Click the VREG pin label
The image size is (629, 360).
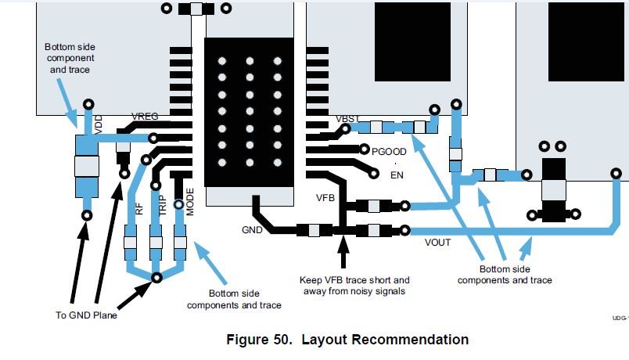pos(145,117)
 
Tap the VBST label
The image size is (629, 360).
pos(347,119)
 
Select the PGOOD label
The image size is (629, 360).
pos(389,152)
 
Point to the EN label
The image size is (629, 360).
pos(397,175)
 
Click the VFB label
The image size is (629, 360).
pos(325,198)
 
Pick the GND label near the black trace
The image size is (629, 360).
pos(252,230)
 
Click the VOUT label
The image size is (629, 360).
pos(437,243)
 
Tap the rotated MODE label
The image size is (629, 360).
pos(190,202)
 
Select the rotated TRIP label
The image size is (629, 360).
pos(163,206)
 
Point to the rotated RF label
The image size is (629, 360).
pos(138,209)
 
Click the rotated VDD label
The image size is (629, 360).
pos(99,124)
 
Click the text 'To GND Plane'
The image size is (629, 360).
pos(86,315)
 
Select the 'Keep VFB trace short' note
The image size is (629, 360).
pos(354,286)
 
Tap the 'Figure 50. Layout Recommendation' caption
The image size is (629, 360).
pos(347,340)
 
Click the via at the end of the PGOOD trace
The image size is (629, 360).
pos(365,149)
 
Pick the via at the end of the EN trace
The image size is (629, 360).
pos(373,174)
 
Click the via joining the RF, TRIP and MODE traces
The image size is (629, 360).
pos(156,277)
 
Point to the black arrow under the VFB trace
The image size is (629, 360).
pos(343,252)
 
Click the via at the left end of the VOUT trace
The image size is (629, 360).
pos(405,230)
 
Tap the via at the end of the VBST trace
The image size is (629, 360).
pos(345,129)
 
